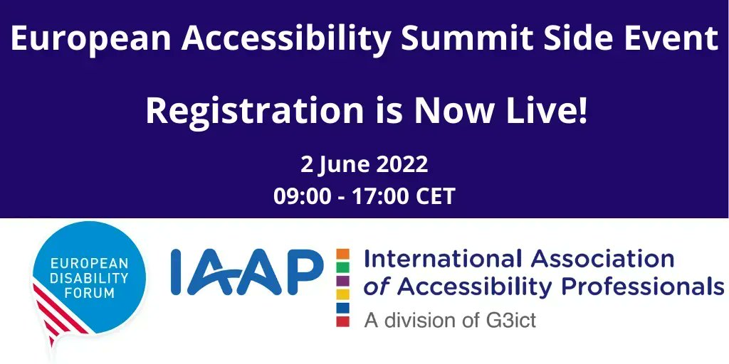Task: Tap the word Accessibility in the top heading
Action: pos(286,40)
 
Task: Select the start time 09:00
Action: pos(302,196)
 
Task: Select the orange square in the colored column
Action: pos(343,254)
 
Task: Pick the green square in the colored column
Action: pos(343,267)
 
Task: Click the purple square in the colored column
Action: pos(343,281)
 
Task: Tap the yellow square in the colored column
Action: pos(343,294)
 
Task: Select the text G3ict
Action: pos(509,320)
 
